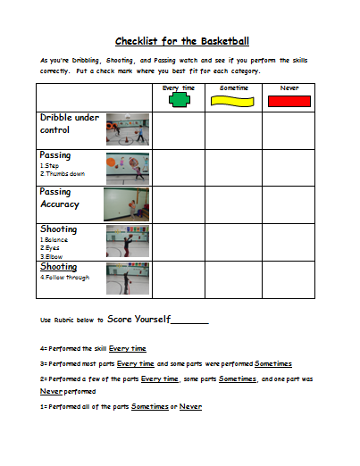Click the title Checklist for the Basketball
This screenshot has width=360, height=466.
pos(181,41)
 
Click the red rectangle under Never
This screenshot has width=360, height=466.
pos(288,101)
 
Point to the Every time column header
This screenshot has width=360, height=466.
pos(178,87)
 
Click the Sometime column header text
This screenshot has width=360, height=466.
pos(232,87)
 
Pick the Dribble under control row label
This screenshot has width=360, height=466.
pos(70,123)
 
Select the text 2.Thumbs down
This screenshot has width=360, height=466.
pos(63,173)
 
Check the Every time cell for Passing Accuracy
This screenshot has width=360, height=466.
pos(178,204)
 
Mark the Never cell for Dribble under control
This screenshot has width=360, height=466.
pos(288,129)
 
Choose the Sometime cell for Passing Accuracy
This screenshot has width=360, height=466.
pos(233,204)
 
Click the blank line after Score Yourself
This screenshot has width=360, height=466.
pos(188,320)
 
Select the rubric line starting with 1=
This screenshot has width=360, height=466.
pos(121,407)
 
